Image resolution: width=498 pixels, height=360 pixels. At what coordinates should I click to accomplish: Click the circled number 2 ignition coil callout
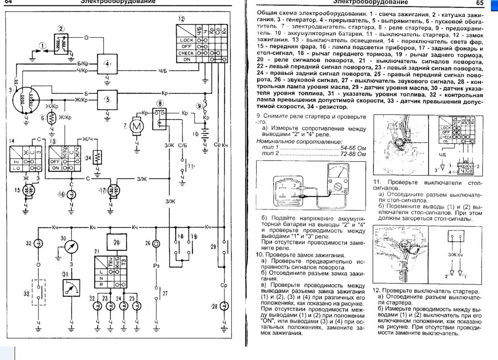pos(61,29)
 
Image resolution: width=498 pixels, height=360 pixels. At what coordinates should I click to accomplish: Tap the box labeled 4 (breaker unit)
pos(107,64)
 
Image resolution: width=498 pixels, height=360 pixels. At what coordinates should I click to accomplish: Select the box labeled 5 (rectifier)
pos(107,99)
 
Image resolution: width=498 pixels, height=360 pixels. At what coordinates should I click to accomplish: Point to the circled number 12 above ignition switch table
pos(181,19)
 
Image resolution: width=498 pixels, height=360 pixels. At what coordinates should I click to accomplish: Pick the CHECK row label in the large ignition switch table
pos(186,54)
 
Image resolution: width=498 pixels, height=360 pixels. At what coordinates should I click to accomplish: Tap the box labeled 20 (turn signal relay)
pos(117,243)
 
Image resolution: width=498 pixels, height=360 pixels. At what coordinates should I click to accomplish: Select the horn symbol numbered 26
pos(157,243)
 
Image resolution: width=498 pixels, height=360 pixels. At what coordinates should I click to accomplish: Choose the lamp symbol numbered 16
pos(71,194)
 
